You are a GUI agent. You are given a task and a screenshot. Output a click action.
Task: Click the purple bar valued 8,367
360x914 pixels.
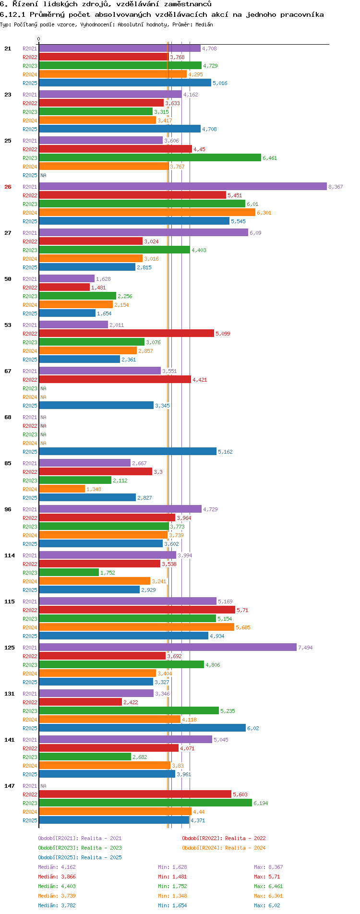click(183, 187)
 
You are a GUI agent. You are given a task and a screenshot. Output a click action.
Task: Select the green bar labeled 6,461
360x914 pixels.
click(150, 158)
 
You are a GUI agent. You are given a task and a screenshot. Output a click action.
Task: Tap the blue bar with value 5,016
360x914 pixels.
click(125, 83)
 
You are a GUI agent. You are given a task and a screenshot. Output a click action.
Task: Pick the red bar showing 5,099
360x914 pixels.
click(126, 334)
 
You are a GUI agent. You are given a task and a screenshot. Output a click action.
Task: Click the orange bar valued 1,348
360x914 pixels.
click(62, 489)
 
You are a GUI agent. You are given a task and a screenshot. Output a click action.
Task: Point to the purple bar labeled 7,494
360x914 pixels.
click(168, 648)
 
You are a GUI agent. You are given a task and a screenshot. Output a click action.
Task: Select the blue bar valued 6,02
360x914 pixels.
click(142, 728)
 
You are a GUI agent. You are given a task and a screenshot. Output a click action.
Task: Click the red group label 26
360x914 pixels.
click(8, 187)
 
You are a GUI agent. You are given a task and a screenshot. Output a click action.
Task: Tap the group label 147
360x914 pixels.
click(10, 786)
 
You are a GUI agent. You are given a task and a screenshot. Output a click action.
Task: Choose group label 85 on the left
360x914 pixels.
click(8, 463)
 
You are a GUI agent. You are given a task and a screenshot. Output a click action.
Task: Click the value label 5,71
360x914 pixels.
click(242, 610)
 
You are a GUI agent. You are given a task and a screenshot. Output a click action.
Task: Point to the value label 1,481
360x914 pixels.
click(98, 288)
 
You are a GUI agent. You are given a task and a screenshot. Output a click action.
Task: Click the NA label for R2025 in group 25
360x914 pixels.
click(43, 175)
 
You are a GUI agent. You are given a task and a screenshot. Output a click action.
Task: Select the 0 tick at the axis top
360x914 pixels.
click(39, 39)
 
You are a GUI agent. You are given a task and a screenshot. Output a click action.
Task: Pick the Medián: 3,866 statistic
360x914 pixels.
click(57, 877)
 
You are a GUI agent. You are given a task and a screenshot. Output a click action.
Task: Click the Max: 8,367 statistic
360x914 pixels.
click(268, 867)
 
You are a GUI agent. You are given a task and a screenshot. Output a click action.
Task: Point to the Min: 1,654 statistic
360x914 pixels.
click(172, 905)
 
